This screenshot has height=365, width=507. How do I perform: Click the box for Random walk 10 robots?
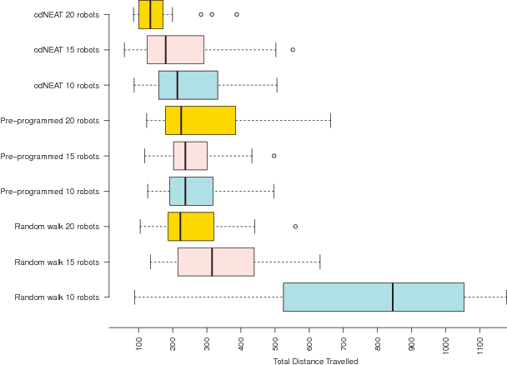(x=373, y=297)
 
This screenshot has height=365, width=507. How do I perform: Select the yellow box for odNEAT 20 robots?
(x=151, y=14)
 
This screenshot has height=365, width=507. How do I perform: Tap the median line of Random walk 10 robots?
(x=393, y=297)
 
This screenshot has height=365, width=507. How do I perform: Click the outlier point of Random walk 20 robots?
(x=295, y=226)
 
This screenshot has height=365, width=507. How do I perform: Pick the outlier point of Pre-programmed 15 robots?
(x=274, y=156)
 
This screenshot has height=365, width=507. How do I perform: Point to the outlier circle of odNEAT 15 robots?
(x=293, y=50)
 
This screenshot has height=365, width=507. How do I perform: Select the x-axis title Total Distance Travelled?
(x=315, y=361)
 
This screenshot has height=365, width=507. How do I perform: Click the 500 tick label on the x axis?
(x=275, y=342)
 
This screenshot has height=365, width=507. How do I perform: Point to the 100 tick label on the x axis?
(x=138, y=342)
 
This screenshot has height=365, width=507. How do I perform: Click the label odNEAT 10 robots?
(x=66, y=85)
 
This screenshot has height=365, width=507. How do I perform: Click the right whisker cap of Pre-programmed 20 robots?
(x=330, y=120)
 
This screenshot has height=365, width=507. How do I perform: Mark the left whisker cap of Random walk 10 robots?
(x=134, y=297)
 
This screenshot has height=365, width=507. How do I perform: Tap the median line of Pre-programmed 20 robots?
(x=181, y=120)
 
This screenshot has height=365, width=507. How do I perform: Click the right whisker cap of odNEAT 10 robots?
(x=277, y=85)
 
